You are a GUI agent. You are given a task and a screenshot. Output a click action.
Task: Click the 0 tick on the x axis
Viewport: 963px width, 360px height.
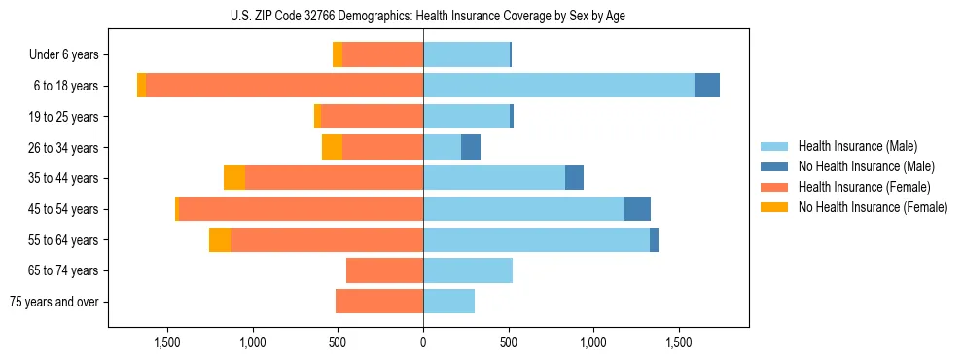(423, 342)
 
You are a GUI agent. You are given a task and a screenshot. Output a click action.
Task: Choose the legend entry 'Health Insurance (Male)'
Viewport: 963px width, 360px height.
(857, 146)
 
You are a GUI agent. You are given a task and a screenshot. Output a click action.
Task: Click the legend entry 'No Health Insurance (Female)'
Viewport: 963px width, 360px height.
(873, 207)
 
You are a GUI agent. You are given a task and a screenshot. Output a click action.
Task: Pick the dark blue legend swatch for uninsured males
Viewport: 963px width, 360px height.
(774, 166)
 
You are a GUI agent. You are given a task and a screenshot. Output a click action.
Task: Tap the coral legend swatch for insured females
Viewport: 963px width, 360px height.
(774, 187)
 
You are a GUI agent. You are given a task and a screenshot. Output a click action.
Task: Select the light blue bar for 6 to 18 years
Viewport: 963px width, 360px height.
(558, 86)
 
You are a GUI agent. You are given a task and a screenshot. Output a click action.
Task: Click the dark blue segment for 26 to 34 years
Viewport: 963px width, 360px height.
(471, 147)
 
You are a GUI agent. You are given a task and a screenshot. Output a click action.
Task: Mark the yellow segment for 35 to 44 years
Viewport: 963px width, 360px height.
(234, 178)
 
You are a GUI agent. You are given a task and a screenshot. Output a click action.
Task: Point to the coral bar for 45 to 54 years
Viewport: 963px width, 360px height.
(301, 209)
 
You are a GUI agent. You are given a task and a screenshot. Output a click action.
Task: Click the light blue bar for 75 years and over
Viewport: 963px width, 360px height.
(448, 302)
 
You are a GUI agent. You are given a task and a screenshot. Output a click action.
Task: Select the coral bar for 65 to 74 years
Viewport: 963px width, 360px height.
(384, 270)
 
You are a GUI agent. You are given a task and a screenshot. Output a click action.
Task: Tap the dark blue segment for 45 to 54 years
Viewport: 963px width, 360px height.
(637, 209)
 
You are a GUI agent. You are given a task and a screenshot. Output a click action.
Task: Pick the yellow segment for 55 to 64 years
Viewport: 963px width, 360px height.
(220, 239)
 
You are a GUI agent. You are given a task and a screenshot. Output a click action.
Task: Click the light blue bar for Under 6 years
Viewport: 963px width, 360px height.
(466, 54)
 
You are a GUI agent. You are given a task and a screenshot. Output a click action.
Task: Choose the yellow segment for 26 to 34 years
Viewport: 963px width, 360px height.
(332, 147)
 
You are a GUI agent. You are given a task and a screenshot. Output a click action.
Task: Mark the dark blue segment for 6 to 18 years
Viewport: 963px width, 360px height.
(707, 86)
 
